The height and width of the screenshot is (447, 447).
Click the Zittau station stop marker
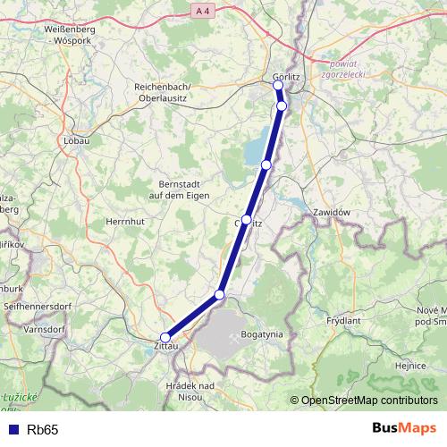pyautogui.click(x=164, y=337)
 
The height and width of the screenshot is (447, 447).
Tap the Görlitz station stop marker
pyautogui.click(x=278, y=85)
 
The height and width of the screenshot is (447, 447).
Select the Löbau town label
pyautogui.click(x=77, y=140)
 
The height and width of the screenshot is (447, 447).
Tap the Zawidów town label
pyautogui.click(x=331, y=212)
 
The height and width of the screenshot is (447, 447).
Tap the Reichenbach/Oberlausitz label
pyautogui.click(x=169, y=90)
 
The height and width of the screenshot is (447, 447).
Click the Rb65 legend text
pyautogui.click(x=43, y=430)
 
